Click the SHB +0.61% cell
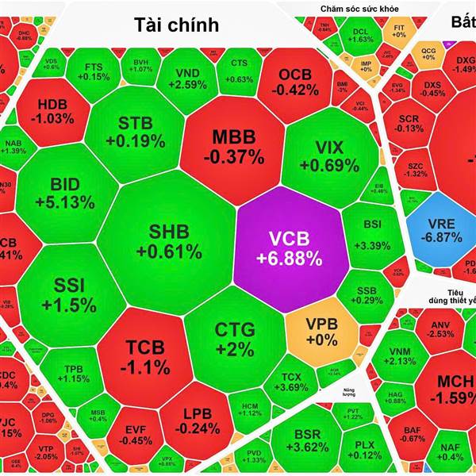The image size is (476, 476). tap(168, 240)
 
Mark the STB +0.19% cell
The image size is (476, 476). tap(140, 132)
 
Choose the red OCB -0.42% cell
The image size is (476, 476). tap(300, 81)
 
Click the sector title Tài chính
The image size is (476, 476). tap(175, 24)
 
